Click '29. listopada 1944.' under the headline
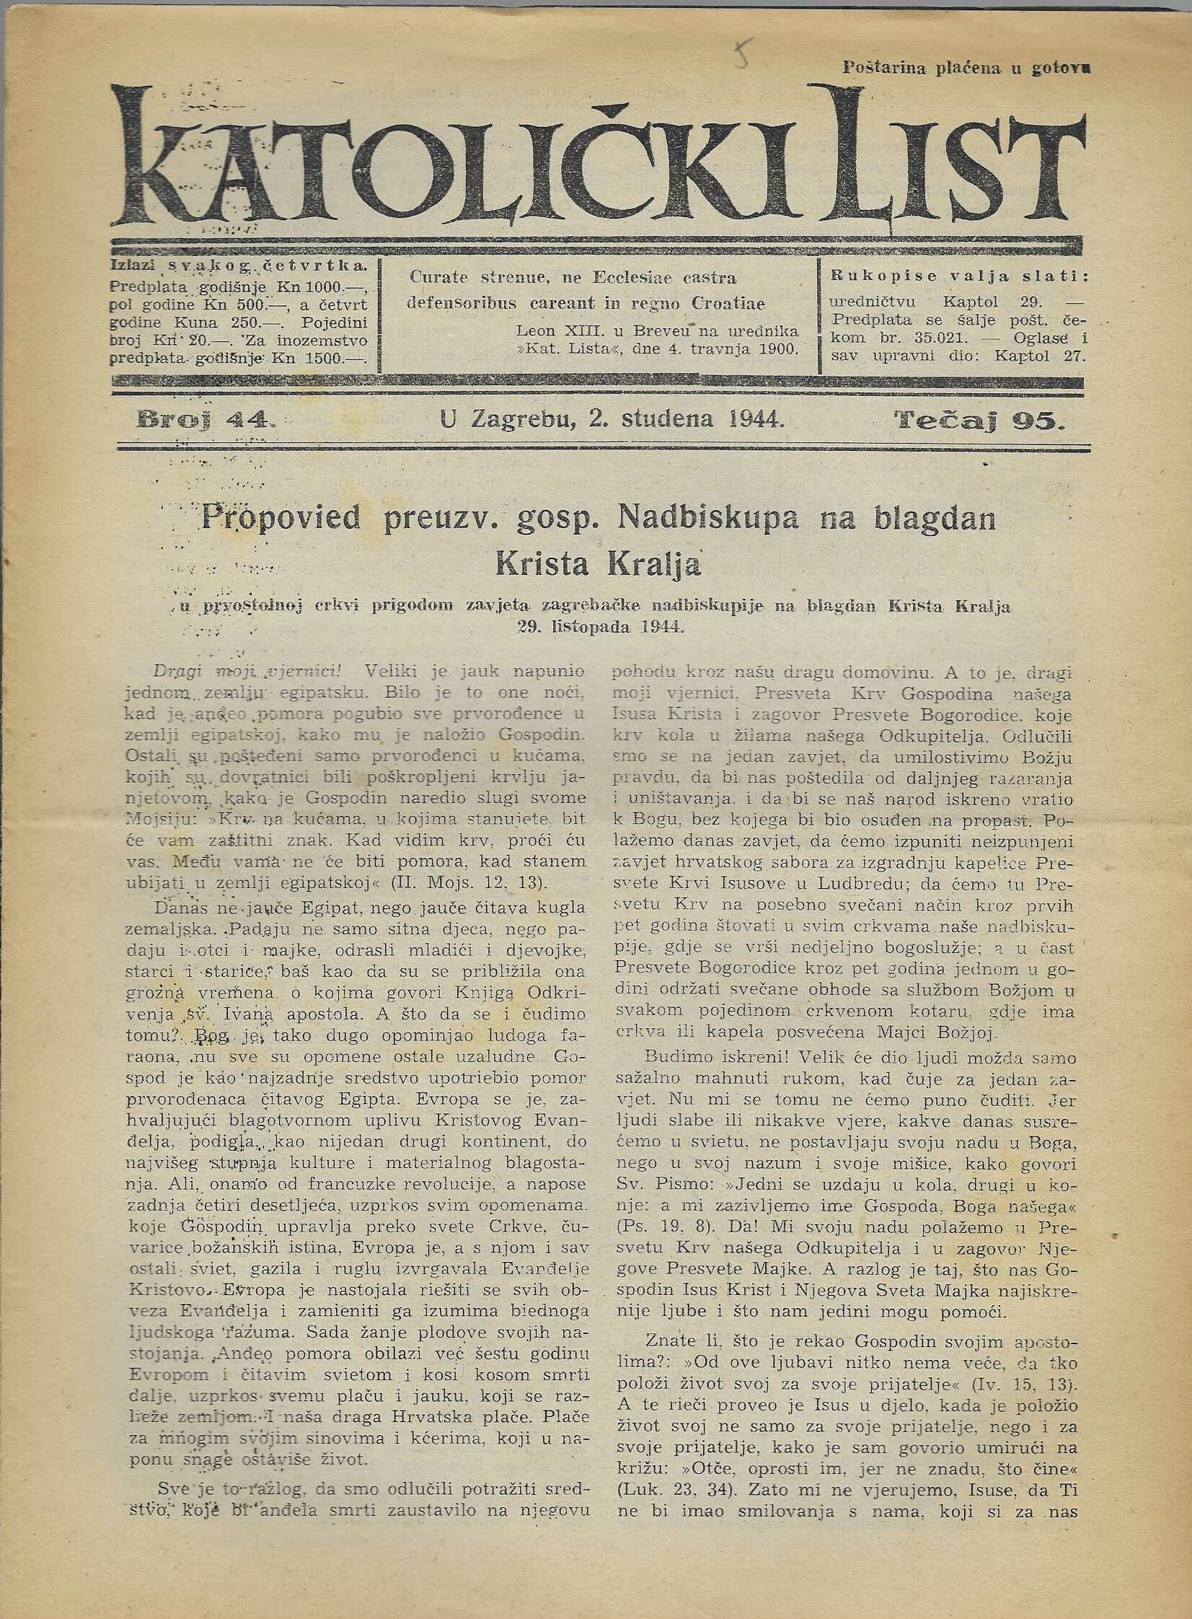tap(599, 626)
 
